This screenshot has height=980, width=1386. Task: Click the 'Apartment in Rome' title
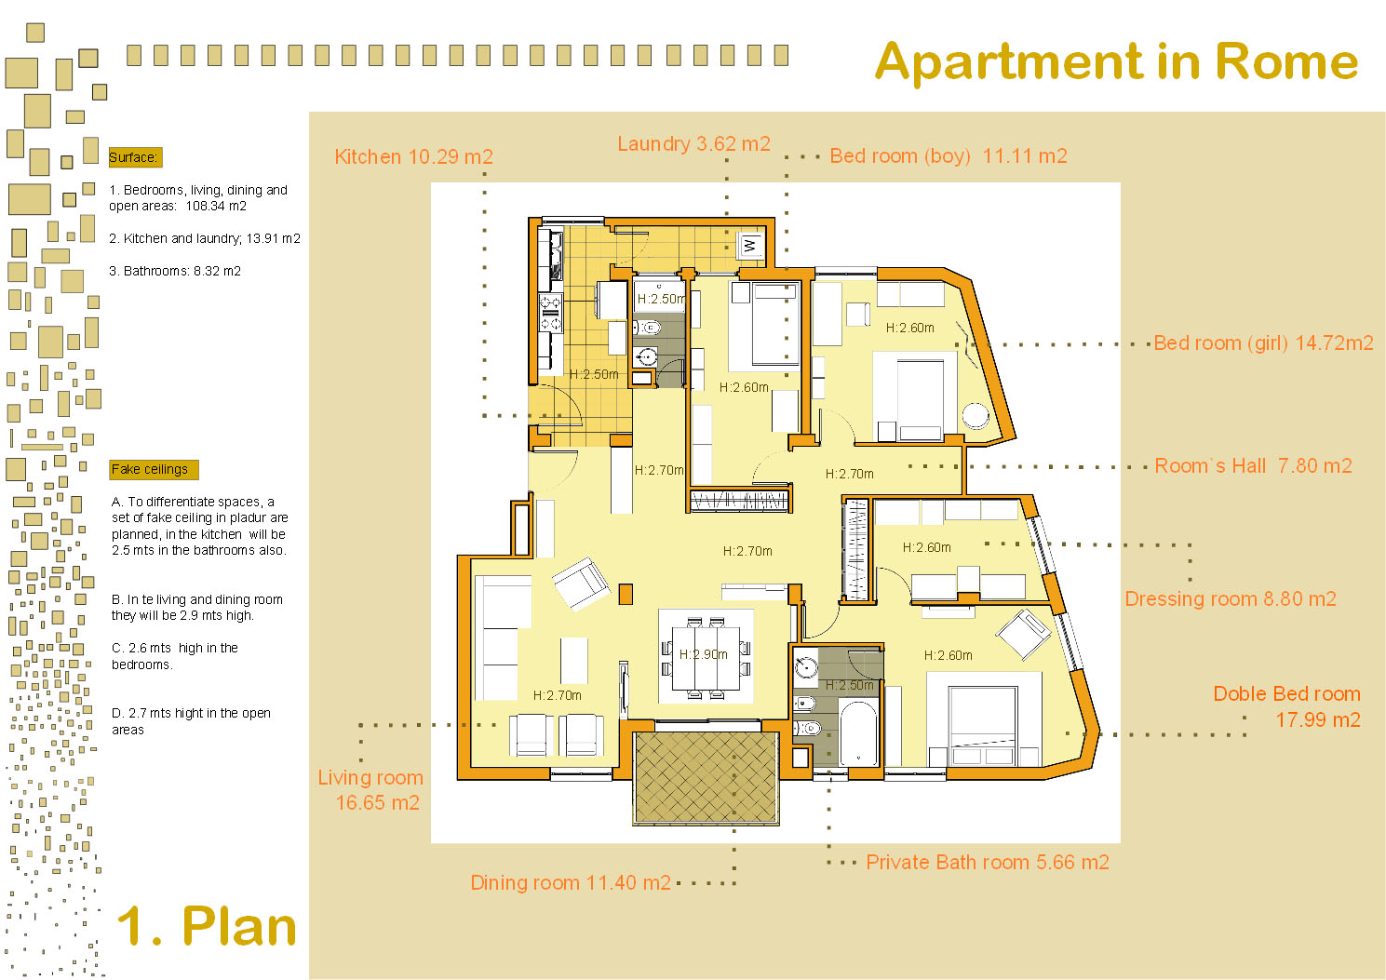click(1116, 61)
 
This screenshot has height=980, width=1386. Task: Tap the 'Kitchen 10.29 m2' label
click(413, 156)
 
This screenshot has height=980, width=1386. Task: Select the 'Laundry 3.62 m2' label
click(693, 143)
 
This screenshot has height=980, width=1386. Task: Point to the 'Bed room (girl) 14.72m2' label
click(1263, 342)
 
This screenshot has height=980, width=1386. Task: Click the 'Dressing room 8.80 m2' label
click(1231, 599)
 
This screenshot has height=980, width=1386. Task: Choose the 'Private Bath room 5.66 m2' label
click(988, 862)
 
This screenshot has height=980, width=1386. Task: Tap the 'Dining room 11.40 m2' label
click(571, 882)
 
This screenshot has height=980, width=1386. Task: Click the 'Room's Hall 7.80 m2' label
click(1253, 466)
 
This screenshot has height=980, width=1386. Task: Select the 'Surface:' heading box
click(135, 157)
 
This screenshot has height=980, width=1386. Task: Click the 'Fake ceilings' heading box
click(154, 470)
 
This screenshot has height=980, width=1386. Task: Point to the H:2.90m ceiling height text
click(704, 654)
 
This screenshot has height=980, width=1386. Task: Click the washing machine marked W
click(750, 246)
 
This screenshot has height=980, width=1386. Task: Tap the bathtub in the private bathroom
click(858, 733)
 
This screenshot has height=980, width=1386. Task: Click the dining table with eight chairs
click(706, 658)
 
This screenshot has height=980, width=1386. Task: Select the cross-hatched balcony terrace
click(706, 778)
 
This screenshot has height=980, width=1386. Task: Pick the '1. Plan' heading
click(207, 926)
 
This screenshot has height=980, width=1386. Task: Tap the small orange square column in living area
click(626, 594)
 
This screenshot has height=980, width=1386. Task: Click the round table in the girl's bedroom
click(976, 416)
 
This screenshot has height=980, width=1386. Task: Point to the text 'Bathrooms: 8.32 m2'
click(175, 271)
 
